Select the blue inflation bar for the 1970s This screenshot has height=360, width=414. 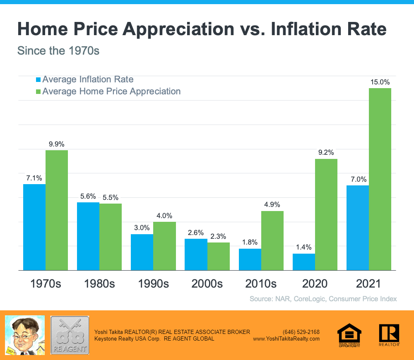34,227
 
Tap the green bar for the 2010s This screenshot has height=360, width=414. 272,240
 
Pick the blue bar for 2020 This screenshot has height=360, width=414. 303,262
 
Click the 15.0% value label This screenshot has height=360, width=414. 380,82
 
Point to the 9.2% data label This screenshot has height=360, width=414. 326,152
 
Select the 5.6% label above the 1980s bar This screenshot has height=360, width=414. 88,196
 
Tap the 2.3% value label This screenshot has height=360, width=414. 218,236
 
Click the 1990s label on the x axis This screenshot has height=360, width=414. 153,284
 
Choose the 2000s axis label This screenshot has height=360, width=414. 207,284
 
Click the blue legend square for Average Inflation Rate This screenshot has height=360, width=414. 39,79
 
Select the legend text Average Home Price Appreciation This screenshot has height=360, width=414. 111,91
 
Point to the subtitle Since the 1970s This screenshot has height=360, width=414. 58,51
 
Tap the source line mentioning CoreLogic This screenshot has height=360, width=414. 323,298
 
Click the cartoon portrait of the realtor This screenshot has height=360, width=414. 24,335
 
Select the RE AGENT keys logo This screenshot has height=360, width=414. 70,335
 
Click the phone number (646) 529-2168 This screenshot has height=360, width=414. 301,332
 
